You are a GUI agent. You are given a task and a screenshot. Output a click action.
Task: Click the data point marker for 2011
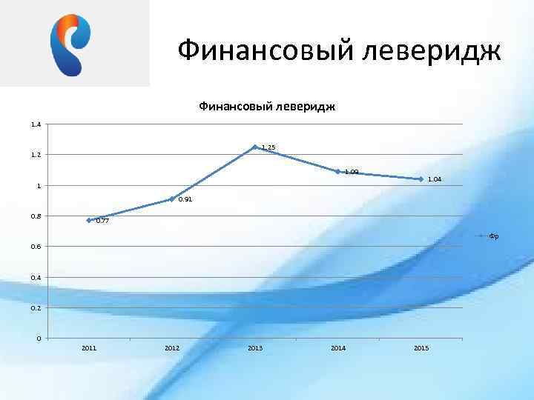point(89,220)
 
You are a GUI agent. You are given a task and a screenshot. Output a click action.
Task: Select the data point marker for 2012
point(171,199)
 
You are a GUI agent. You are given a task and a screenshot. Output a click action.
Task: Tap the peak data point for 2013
point(254,147)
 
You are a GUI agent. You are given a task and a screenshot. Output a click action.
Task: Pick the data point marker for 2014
point(337,171)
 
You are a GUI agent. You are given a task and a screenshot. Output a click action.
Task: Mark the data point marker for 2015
point(421,179)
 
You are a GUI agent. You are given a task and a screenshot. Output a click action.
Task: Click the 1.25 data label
point(268,148)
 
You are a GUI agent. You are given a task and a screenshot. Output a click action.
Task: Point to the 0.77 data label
point(102,221)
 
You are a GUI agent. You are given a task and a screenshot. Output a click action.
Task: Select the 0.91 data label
point(185,199)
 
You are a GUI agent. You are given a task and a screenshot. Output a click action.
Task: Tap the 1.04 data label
point(435,179)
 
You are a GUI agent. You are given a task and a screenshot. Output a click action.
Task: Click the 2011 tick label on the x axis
point(89,348)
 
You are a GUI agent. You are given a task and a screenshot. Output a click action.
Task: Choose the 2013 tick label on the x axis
point(254,348)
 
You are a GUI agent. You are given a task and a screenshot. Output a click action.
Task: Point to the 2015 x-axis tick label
point(421,348)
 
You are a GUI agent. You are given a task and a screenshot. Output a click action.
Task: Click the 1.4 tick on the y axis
point(36,124)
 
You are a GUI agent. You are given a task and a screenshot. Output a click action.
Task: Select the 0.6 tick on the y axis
point(36,246)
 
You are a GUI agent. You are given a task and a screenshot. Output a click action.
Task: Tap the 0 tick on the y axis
point(39,339)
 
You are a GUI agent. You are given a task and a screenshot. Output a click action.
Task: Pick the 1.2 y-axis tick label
point(36,155)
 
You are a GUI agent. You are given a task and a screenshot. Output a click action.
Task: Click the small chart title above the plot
point(267,107)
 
